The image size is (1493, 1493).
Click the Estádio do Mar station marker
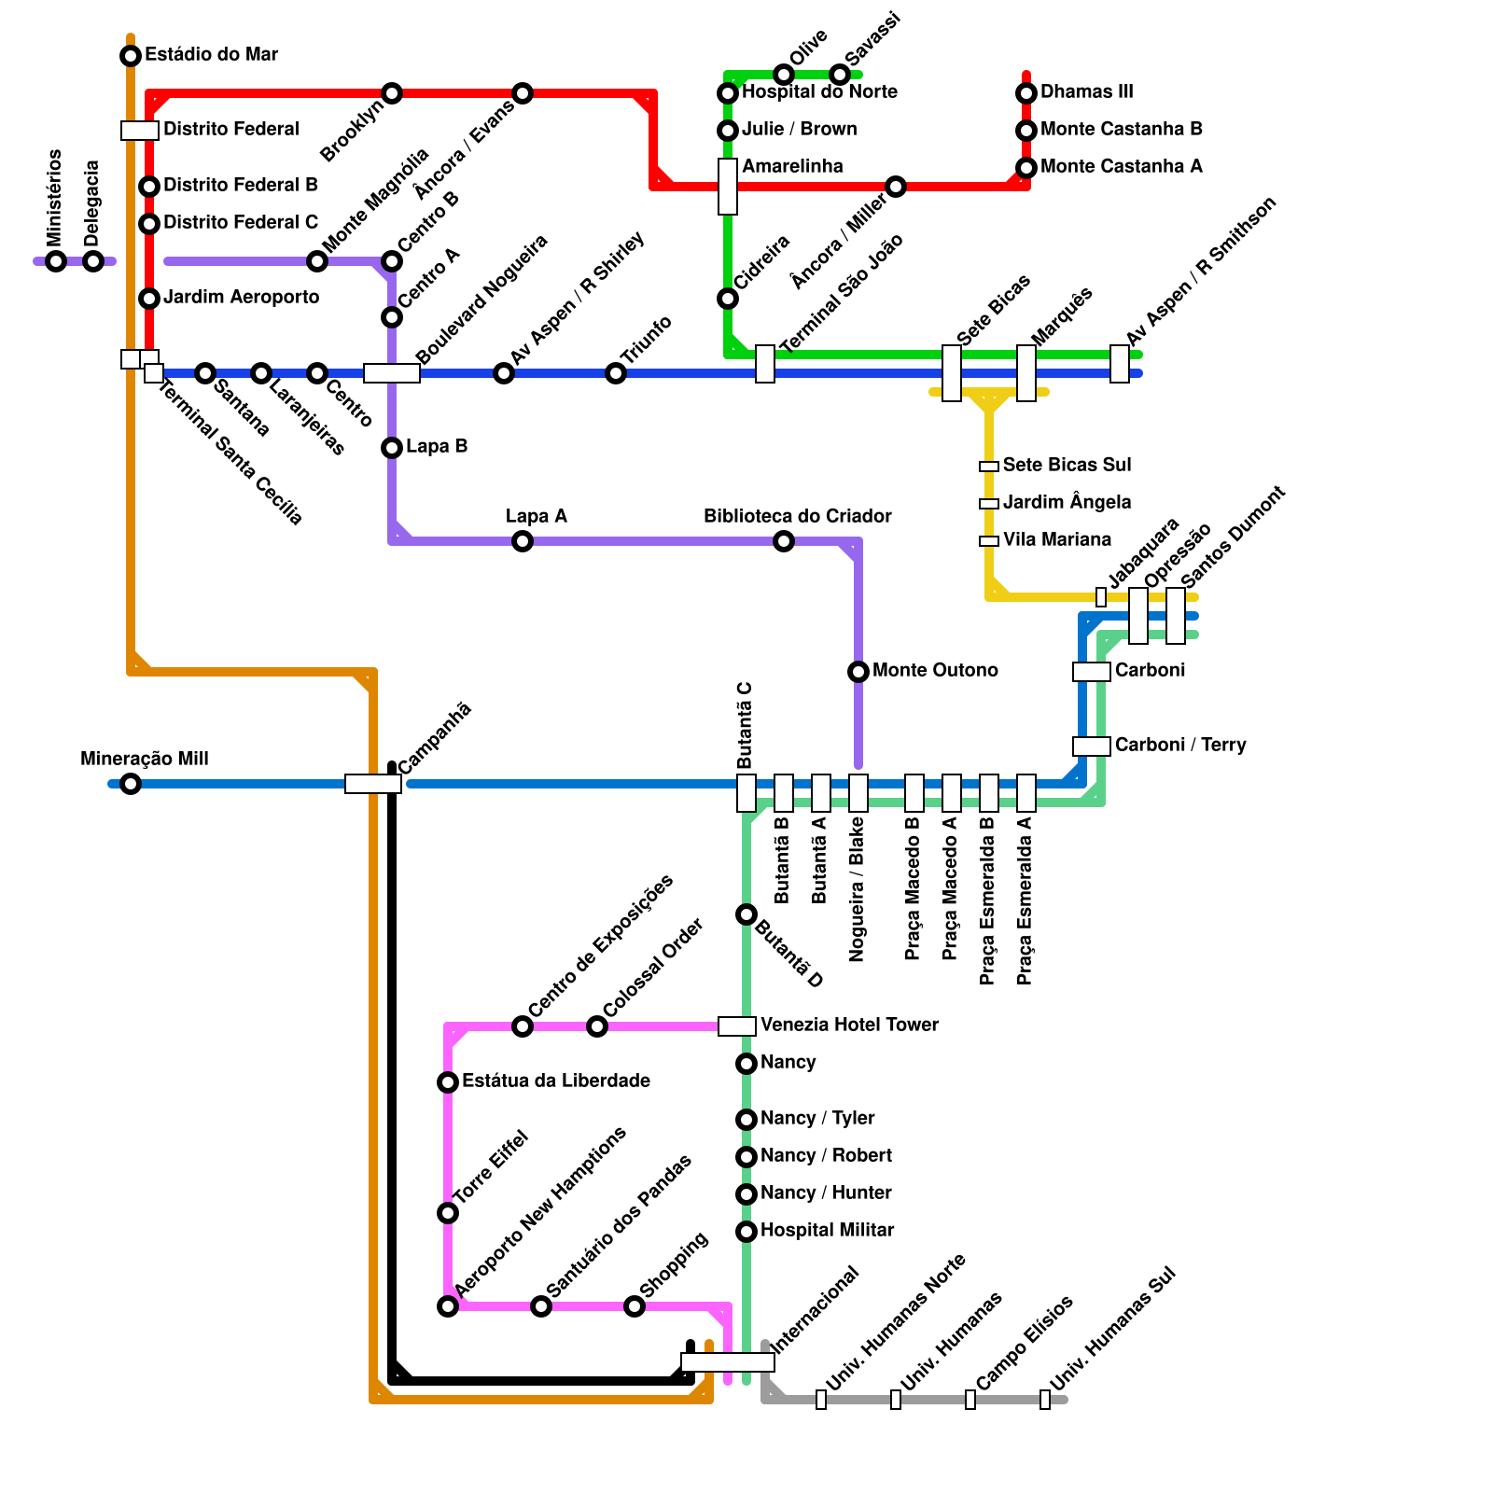click(x=131, y=56)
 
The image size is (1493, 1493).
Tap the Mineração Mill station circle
click(x=131, y=784)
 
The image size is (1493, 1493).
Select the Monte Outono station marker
click(x=858, y=672)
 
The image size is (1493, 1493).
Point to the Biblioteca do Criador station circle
click(x=784, y=541)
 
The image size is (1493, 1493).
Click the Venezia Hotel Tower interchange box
click(x=736, y=1026)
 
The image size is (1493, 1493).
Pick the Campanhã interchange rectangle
click(x=373, y=784)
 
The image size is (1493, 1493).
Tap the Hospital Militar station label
click(x=827, y=1230)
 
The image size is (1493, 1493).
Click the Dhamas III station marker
click(x=1026, y=93)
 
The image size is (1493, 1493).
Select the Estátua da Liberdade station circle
click(x=448, y=1082)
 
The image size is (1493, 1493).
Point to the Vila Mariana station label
click(x=1056, y=539)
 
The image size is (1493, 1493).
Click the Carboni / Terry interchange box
click(x=1092, y=746)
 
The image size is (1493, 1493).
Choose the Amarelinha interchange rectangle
click(x=728, y=187)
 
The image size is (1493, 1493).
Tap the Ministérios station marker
click(x=56, y=261)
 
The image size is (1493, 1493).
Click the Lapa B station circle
click(x=392, y=448)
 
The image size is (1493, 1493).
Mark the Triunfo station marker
click(x=616, y=373)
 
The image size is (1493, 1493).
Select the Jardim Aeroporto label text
click(x=241, y=297)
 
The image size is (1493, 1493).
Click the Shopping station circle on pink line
click(x=635, y=1306)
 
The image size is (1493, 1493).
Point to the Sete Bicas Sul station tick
click(x=989, y=467)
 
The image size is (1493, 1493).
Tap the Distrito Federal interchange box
click(x=140, y=131)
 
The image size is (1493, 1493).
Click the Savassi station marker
click(x=840, y=75)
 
